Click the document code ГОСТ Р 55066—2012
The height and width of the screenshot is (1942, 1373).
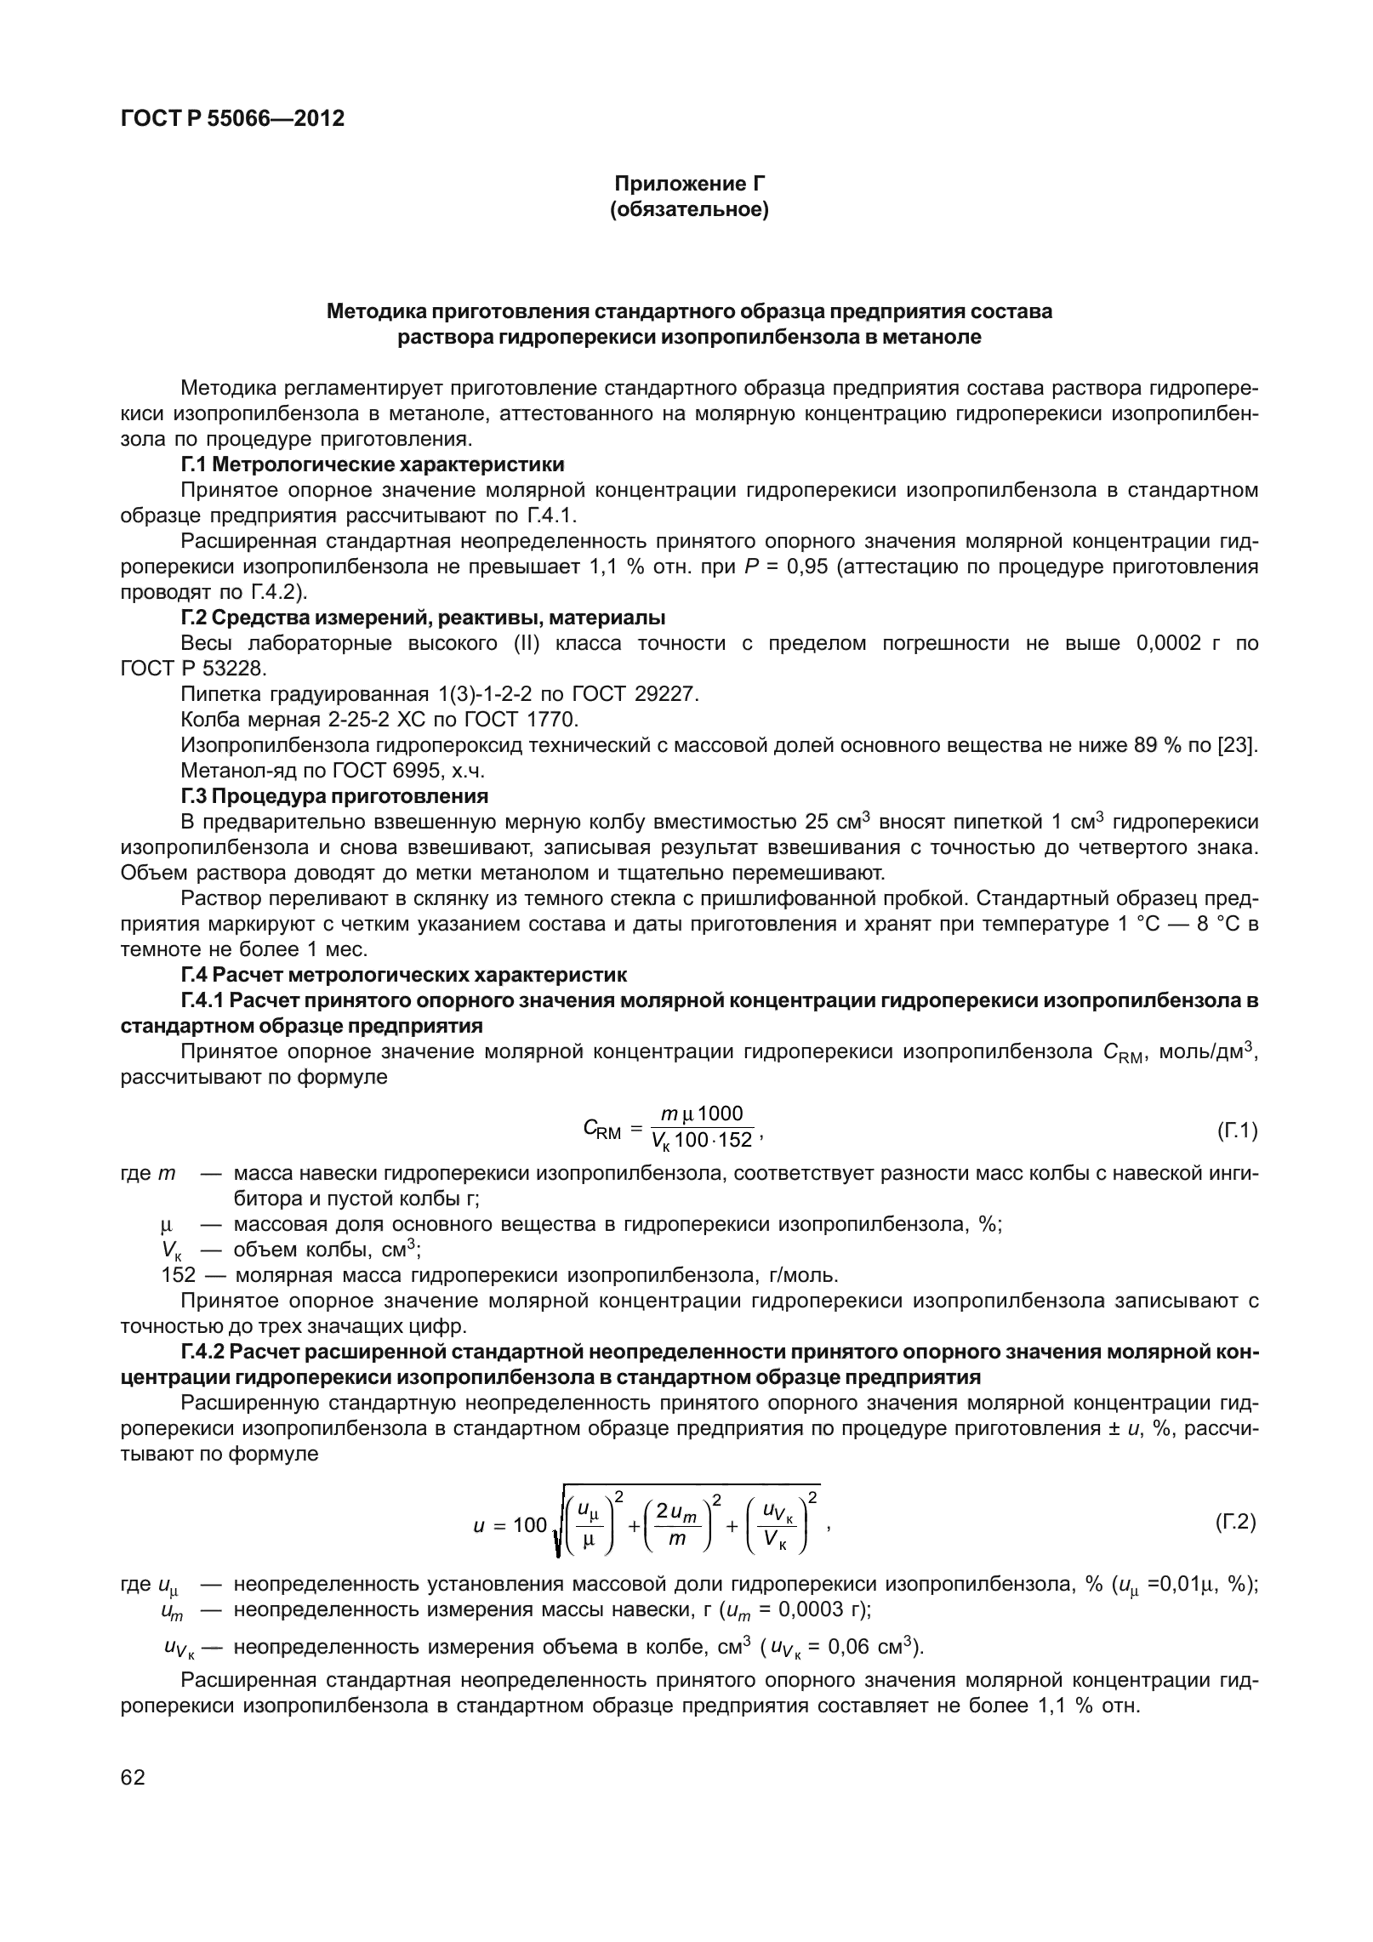(232, 119)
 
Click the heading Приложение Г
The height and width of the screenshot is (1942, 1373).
(689, 184)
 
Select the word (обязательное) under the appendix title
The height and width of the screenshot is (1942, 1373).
(689, 209)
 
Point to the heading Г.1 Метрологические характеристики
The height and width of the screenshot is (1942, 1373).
(372, 464)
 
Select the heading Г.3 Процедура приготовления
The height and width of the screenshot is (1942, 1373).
(334, 796)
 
